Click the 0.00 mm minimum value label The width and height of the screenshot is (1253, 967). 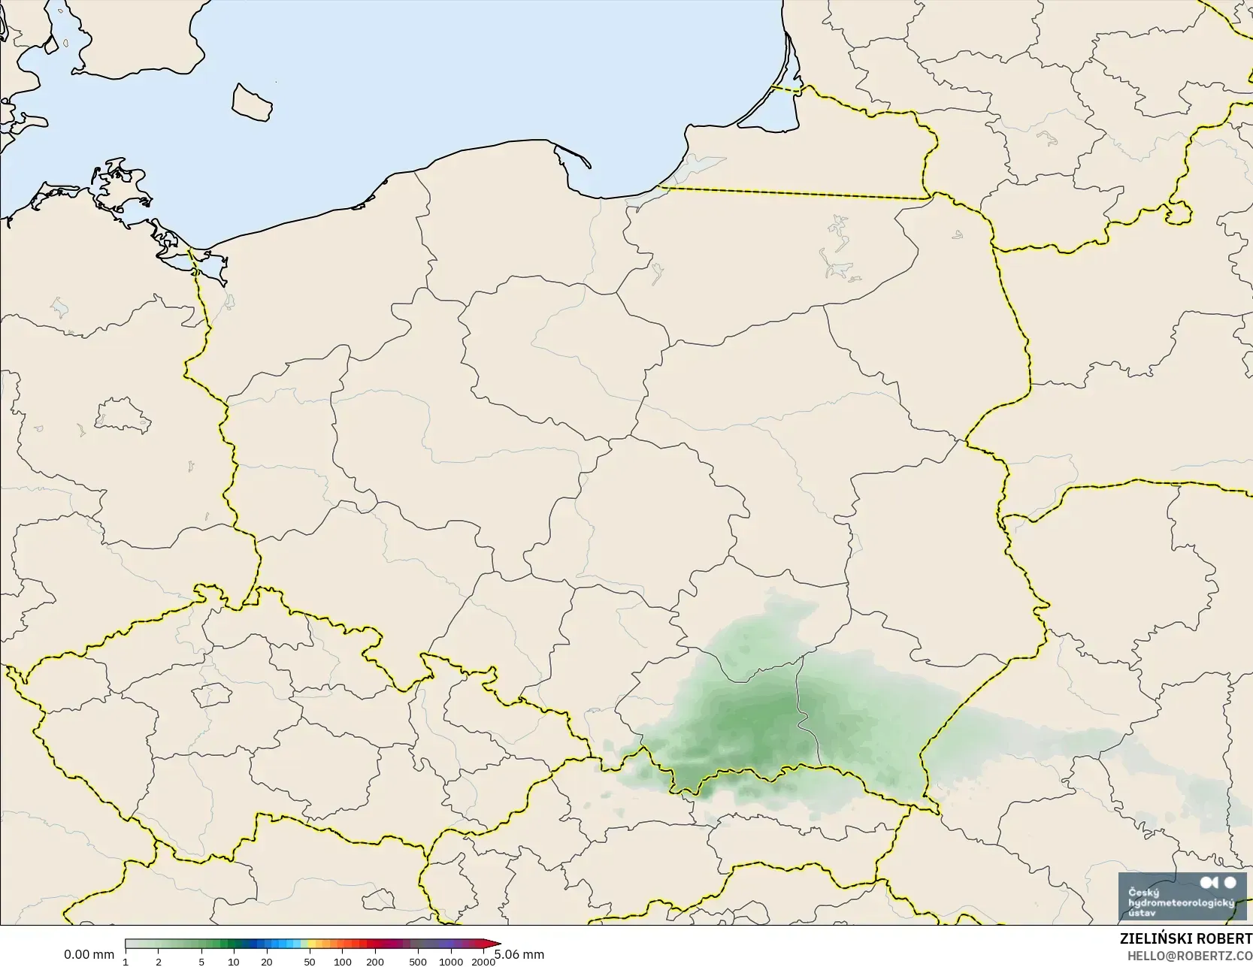tap(89, 954)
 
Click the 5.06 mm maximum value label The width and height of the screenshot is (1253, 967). tap(519, 954)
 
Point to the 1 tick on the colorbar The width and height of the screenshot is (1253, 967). tap(126, 962)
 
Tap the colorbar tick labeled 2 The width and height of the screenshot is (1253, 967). tap(158, 962)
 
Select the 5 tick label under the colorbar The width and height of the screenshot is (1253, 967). tap(201, 962)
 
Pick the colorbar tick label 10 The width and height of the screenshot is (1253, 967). tap(234, 962)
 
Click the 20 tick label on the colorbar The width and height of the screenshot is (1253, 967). tap(267, 962)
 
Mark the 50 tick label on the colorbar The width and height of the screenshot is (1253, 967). tap(310, 962)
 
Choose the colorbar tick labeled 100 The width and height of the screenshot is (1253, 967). tap(343, 962)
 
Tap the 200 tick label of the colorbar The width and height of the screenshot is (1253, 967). tap(375, 962)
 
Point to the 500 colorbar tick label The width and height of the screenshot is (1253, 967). tap(418, 962)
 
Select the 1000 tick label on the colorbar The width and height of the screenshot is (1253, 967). tap(451, 962)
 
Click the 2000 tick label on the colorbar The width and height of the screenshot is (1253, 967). tap(483, 962)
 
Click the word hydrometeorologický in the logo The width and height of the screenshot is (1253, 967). tap(1181, 902)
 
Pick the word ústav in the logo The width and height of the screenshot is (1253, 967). tap(1143, 912)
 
